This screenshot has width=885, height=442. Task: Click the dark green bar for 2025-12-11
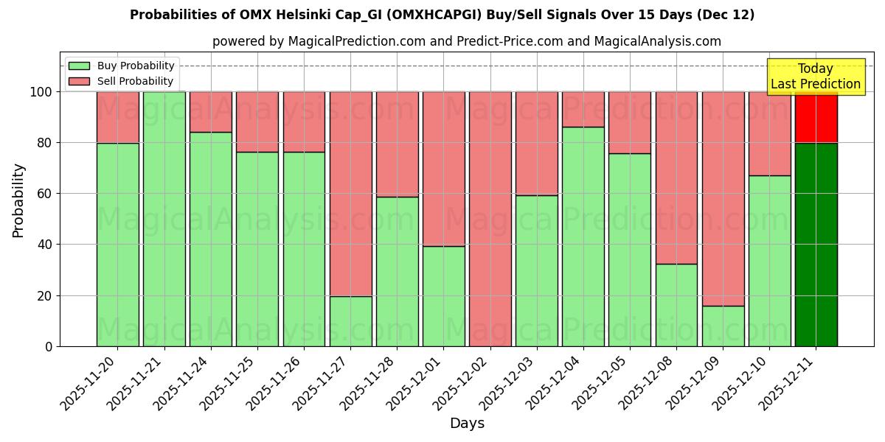click(x=816, y=245)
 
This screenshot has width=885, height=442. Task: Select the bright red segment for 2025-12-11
click(x=816, y=117)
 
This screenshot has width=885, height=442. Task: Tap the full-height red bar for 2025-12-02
click(x=490, y=219)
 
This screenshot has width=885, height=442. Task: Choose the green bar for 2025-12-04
click(x=583, y=236)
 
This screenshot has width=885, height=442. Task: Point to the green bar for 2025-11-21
click(x=164, y=219)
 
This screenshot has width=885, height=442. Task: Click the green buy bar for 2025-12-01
click(x=443, y=296)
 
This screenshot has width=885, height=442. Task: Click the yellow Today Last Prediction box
click(x=816, y=77)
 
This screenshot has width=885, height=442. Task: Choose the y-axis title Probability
click(x=18, y=200)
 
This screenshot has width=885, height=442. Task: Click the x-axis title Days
click(x=467, y=424)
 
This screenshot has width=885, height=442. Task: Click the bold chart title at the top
click(x=442, y=15)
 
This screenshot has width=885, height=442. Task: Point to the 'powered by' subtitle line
click(x=466, y=41)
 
